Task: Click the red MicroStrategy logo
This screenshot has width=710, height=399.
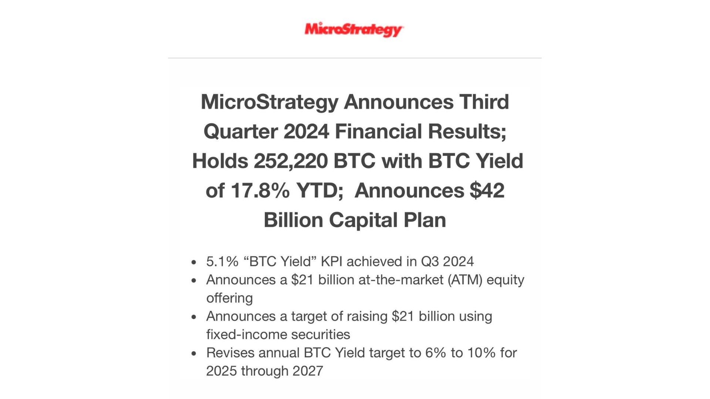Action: [354, 30]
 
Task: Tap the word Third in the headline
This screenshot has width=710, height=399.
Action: [484, 102]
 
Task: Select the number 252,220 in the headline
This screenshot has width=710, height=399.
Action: [291, 161]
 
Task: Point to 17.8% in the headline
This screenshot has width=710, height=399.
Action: [260, 191]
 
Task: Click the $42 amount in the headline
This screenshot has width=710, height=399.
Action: [487, 191]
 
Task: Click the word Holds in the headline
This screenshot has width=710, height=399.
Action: [220, 161]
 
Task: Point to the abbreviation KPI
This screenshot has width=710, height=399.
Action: [332, 262]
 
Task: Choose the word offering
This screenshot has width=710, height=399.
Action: [230, 298]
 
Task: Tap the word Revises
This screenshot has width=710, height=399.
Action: [230, 353]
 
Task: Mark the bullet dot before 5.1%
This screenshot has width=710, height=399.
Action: [194, 263]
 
